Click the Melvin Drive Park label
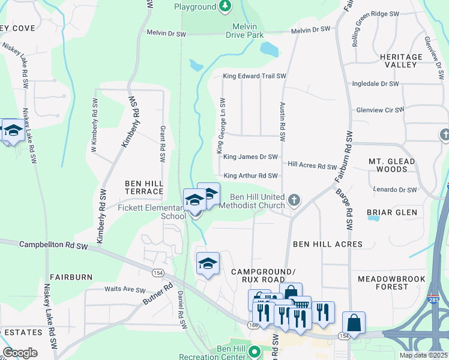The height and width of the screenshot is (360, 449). (x=244, y=31)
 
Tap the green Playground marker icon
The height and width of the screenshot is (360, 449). (x=225, y=6)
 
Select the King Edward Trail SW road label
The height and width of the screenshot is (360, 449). (x=255, y=76)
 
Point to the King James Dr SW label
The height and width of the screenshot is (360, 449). (x=250, y=157)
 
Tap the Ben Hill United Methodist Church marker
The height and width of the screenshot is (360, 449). (x=294, y=200)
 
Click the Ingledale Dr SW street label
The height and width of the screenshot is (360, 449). (x=376, y=84)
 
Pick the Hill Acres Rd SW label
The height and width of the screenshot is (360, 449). (x=312, y=166)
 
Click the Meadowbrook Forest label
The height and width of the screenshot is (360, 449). (x=391, y=283)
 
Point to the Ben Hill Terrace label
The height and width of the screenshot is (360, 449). (x=144, y=187)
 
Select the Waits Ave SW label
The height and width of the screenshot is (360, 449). (x=121, y=289)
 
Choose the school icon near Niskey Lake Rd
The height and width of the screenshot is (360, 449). (x=13, y=130)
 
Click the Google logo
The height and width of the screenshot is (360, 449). (x=20, y=353)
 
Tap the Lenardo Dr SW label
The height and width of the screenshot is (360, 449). (x=394, y=190)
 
